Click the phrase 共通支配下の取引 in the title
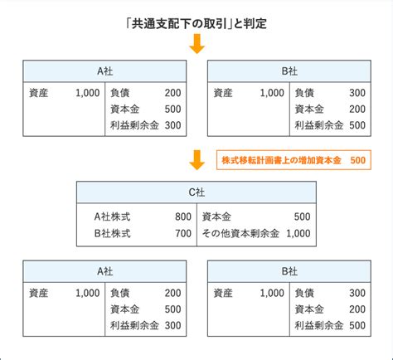tap(182, 24)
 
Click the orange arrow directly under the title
tap(196, 43)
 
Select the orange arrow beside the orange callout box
tap(196, 160)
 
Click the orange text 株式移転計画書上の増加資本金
tap(281, 160)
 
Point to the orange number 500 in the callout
tap(357, 160)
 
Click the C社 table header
tap(196, 192)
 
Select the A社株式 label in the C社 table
tap(112, 216)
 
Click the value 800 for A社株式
tap(183, 216)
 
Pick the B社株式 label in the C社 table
tap(112, 234)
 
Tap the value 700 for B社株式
tap(183, 234)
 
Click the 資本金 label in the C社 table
tap(216, 216)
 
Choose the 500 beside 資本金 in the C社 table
tap(302, 216)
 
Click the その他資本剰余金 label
tap(240, 234)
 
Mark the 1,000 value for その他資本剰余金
tap(298, 234)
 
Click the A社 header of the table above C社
tap(104, 71)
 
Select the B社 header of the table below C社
tap(289, 271)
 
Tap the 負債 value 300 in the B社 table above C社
tap(357, 93)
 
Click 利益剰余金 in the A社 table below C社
tap(134, 325)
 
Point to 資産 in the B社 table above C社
tap(223, 93)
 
